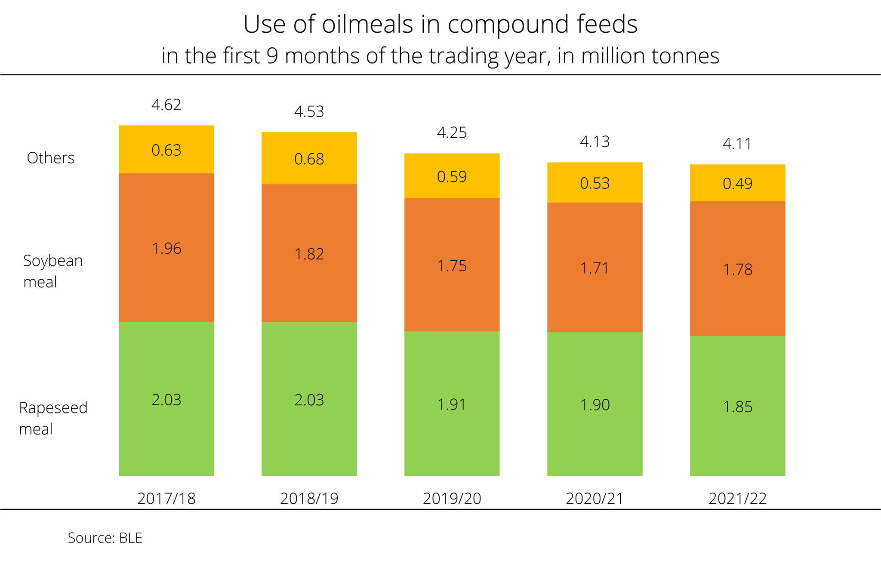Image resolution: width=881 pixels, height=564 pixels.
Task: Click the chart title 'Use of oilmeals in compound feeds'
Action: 440,24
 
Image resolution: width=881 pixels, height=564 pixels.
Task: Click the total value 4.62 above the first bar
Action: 166,105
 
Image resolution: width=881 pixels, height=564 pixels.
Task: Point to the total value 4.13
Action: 595,142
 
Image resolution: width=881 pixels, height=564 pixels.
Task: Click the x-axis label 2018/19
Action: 309,499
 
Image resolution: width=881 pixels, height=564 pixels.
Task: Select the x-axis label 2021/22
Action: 737,499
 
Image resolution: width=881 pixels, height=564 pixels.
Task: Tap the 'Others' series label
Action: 51,158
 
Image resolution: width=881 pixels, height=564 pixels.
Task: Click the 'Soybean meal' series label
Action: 52,271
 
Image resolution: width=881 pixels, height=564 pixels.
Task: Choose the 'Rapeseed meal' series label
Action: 53,418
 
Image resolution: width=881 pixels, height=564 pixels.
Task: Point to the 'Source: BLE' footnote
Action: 105,538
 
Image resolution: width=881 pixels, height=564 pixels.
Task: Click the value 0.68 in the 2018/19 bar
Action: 309,159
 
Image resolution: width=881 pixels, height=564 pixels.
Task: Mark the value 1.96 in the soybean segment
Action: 166,249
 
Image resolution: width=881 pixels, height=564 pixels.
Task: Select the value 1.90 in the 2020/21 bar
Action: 595,405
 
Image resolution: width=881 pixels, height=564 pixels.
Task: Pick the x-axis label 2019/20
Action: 452,499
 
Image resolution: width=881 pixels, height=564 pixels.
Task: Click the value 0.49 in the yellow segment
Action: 737,184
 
